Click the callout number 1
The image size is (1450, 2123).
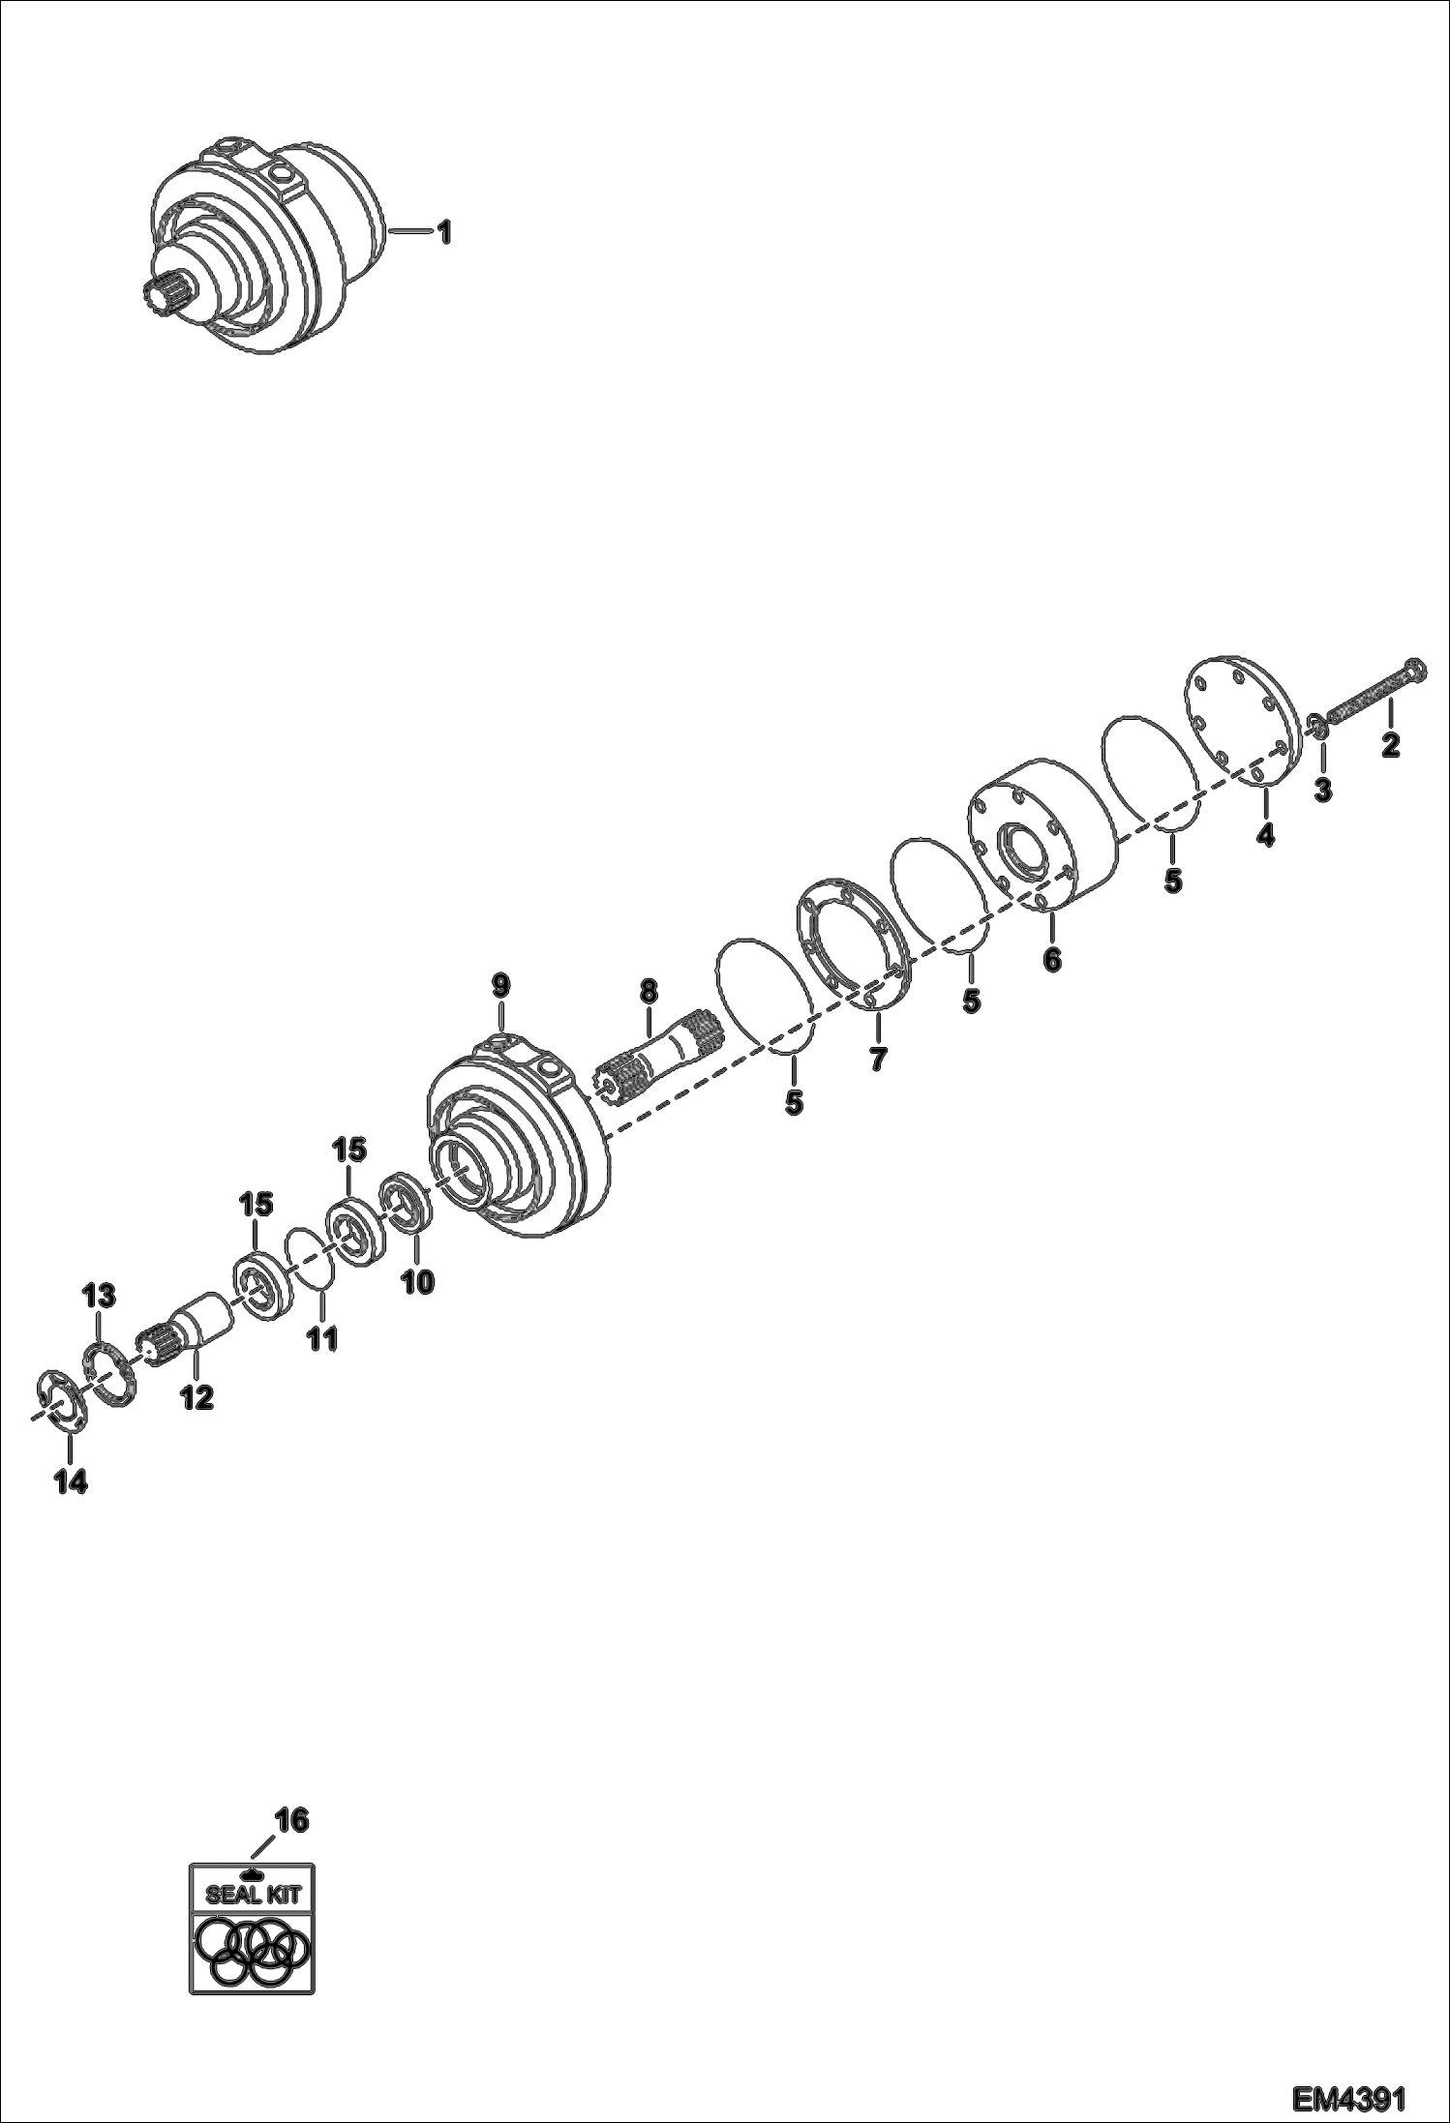(443, 233)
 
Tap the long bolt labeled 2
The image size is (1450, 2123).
(1370, 693)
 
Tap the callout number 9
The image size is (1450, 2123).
(499, 987)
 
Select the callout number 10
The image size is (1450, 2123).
(418, 1282)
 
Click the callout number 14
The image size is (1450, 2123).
(70, 1481)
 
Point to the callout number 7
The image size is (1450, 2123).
(877, 1059)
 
